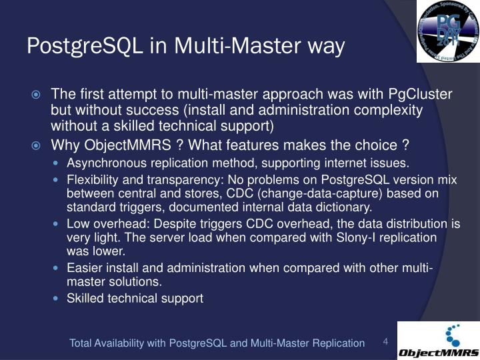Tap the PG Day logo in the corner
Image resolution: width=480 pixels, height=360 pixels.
click(448, 31)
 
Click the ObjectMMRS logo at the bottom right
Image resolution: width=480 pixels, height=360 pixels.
click(438, 341)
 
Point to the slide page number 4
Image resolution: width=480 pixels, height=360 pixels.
click(385, 341)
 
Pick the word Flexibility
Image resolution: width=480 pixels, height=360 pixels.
click(91, 181)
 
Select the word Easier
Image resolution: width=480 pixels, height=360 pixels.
click(82, 268)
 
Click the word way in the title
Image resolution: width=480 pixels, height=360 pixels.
click(326, 46)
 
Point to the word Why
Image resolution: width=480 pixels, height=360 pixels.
click(65, 146)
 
